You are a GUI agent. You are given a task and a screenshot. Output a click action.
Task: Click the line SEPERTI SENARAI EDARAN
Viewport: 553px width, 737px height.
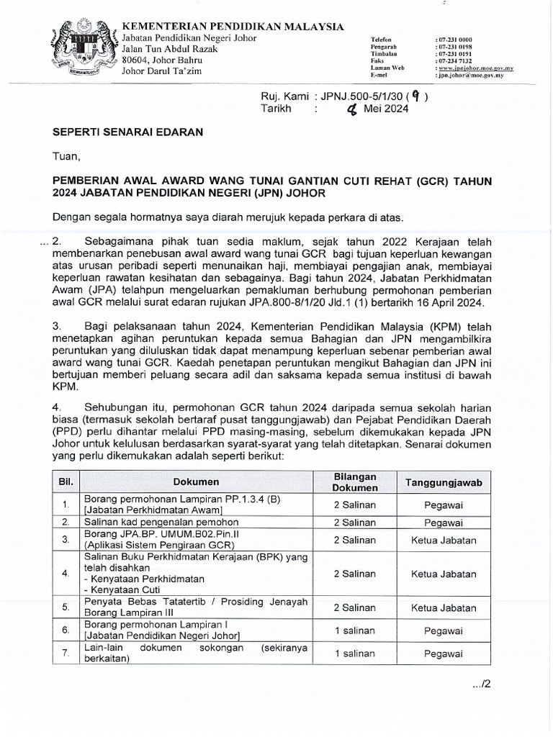pos(127,132)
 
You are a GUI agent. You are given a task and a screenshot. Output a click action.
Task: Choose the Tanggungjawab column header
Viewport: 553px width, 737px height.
pos(444,481)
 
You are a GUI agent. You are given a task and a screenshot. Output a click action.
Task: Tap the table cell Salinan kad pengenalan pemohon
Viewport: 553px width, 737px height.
pos(154,522)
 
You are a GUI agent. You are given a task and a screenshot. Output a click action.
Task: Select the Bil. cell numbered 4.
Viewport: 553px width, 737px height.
pos(66,574)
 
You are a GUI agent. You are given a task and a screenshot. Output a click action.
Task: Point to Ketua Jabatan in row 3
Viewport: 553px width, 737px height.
pos(444,538)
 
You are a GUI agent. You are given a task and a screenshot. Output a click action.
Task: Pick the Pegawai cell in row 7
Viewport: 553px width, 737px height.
pos(444,654)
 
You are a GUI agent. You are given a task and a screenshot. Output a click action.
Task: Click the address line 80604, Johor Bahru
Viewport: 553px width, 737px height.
pos(163,60)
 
